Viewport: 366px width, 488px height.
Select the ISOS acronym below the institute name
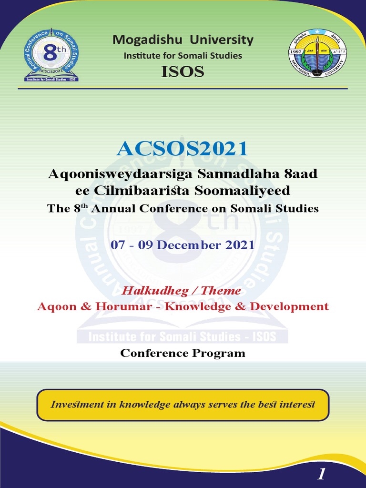point(183,71)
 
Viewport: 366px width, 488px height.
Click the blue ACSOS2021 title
point(183,149)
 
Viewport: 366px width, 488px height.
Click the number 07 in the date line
point(118,245)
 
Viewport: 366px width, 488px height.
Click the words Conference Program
point(183,353)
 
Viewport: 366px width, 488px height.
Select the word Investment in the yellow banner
point(77,405)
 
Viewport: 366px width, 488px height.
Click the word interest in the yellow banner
point(296,405)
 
